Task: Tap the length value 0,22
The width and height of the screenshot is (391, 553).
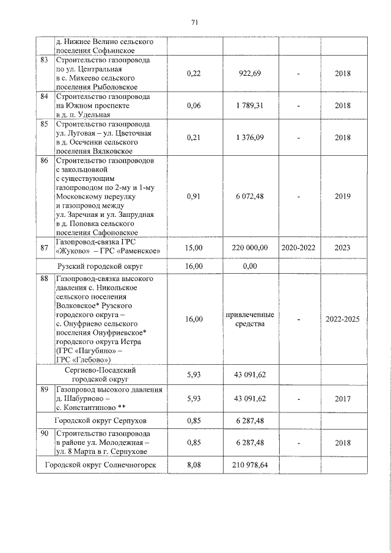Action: pos(193,73)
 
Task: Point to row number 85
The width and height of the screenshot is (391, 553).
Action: pos(44,126)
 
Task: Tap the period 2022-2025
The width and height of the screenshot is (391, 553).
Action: pos(343,319)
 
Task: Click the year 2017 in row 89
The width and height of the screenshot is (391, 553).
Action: pos(343,398)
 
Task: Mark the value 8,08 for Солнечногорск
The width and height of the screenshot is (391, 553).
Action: pos(193,465)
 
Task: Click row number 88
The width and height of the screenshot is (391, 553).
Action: pos(44,279)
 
